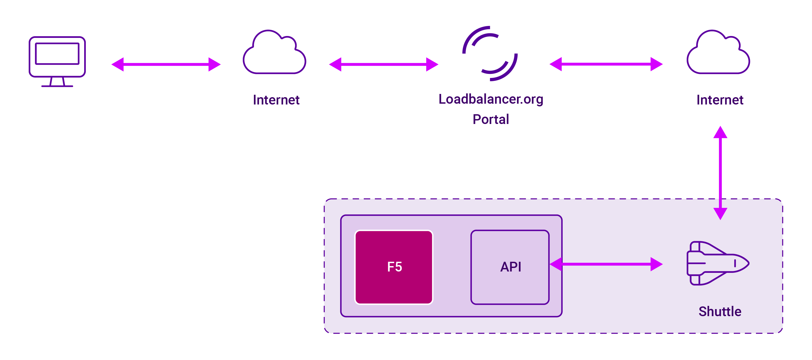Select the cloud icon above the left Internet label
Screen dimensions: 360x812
[274, 54]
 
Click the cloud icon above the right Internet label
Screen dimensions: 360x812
[718, 54]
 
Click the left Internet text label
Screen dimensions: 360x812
[276, 100]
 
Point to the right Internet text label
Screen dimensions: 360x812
[720, 100]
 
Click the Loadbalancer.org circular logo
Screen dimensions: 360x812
[490, 54]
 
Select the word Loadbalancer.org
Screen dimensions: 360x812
[491, 99]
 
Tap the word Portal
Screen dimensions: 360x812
[491, 119]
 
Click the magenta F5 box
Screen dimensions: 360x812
[394, 267]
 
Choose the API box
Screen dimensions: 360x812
[510, 267]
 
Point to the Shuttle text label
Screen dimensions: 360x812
[720, 312]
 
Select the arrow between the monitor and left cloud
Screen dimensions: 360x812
[166, 64]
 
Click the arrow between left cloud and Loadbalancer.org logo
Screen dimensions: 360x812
[383, 64]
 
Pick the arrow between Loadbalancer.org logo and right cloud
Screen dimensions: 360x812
[606, 64]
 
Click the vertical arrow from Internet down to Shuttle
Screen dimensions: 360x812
[720, 174]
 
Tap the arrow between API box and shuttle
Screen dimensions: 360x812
[606, 264]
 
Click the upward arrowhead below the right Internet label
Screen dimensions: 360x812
[720, 132]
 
